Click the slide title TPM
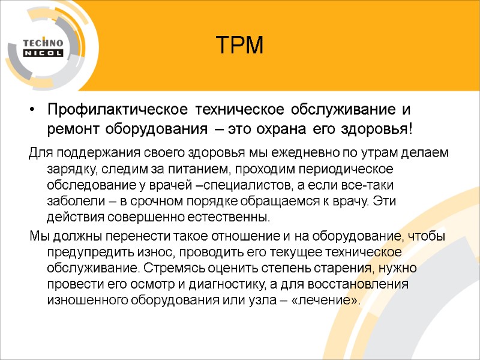[x=239, y=45]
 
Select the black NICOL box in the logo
[x=43, y=53]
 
